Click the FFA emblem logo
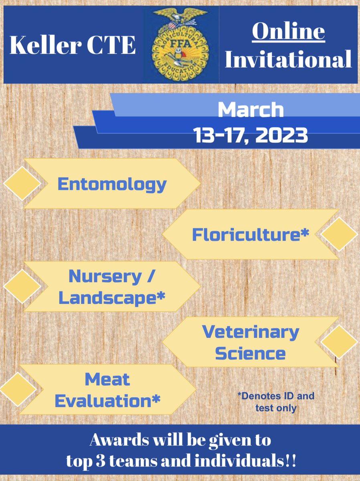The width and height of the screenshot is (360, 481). (181, 44)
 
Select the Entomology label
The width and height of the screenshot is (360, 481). (112, 184)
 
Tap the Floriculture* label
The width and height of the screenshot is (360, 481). (251, 234)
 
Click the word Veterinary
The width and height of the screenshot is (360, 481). (251, 332)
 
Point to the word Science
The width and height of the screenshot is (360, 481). (251, 354)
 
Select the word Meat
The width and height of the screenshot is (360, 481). (107, 379)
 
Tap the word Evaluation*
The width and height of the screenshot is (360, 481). (107, 400)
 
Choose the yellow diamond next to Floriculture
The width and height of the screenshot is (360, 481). (339, 234)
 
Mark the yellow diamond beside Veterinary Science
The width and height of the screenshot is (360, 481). (339, 343)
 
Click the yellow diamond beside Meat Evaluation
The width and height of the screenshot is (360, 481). (18, 389)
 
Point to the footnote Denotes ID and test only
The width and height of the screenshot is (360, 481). (275, 402)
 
